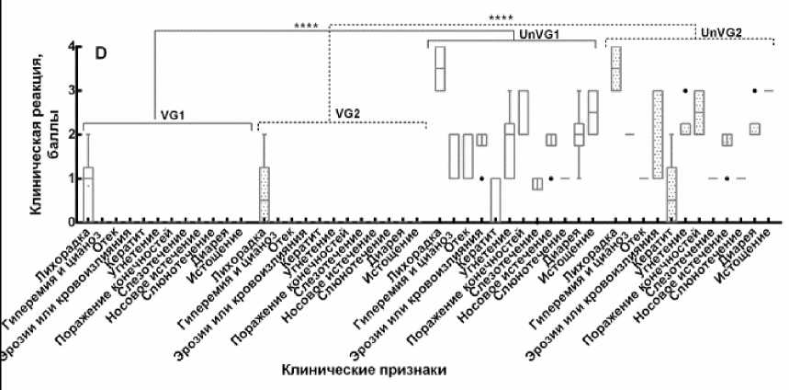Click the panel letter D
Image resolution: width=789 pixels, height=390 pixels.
104,53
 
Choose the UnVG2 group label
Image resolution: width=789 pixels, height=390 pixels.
720,33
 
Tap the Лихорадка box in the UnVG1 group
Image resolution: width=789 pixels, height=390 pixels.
440,68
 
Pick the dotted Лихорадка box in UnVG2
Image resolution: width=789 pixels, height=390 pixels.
615,68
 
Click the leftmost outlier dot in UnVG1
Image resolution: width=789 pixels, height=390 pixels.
481,178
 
